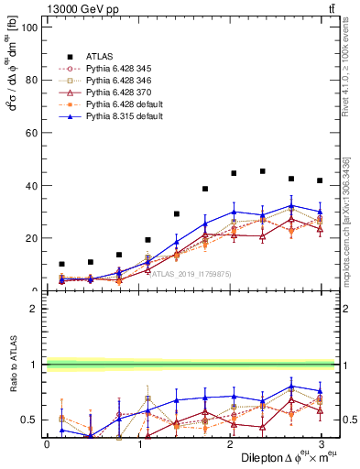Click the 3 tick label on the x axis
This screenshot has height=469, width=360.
tap(321, 444)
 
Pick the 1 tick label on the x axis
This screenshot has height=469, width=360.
tap(138, 444)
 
